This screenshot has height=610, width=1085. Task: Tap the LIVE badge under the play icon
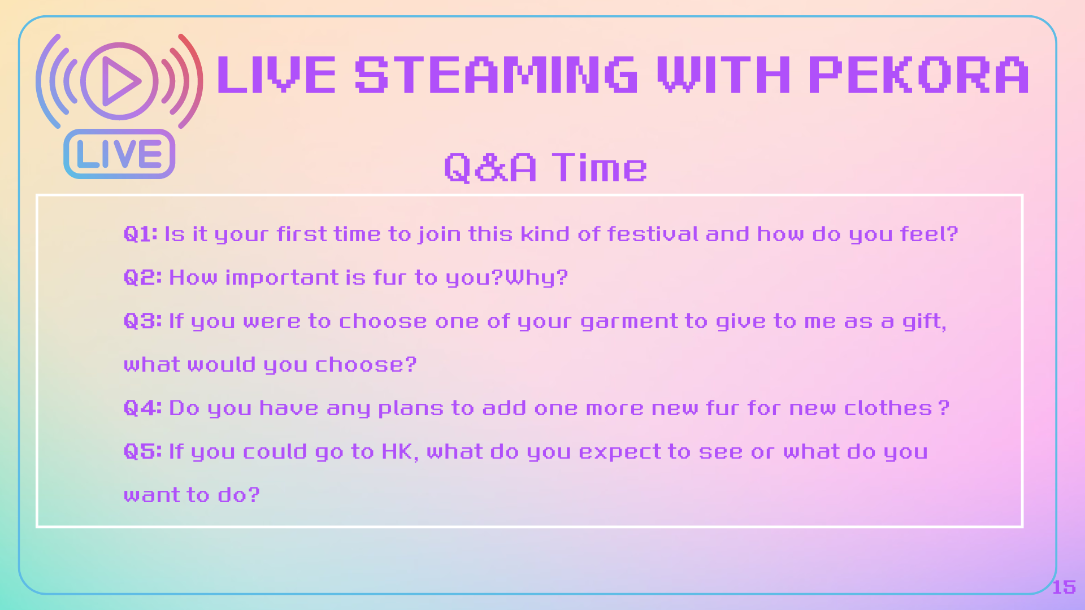(x=119, y=154)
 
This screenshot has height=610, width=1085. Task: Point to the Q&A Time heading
(x=545, y=167)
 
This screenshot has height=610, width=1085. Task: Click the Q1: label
(x=141, y=234)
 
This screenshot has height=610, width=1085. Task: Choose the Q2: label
(x=143, y=277)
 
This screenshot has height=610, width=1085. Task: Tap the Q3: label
(x=143, y=321)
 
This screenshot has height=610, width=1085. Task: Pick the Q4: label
(x=143, y=408)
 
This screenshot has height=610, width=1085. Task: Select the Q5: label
(x=143, y=451)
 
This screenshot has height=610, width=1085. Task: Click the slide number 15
(x=1064, y=587)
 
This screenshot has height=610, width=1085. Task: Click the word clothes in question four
(x=888, y=408)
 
